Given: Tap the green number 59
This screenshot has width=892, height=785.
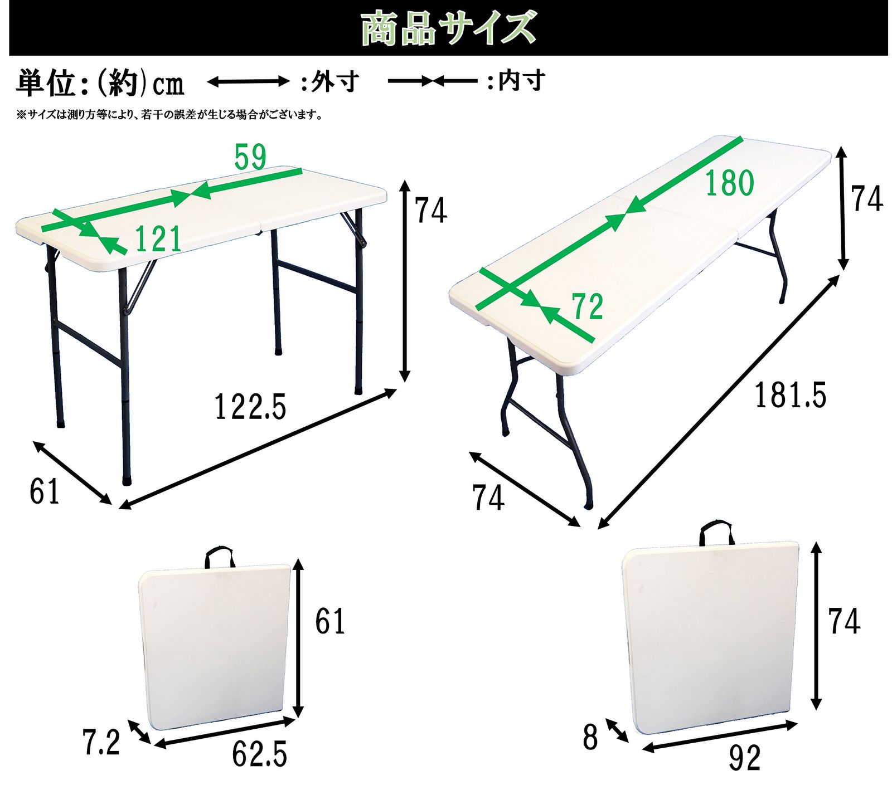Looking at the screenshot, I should [x=250, y=157].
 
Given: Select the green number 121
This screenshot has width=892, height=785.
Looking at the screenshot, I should [x=158, y=240].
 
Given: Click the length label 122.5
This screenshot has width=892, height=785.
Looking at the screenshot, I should [x=250, y=407].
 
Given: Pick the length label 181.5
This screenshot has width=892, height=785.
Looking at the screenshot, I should [x=790, y=396].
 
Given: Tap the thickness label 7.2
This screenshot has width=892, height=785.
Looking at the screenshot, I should [x=101, y=742].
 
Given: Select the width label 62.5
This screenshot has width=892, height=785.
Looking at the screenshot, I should [x=259, y=755].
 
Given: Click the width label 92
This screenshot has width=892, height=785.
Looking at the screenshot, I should [x=744, y=758].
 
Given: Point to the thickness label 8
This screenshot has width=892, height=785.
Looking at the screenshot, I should [x=590, y=737].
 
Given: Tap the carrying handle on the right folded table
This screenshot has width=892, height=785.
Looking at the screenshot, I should [x=716, y=533].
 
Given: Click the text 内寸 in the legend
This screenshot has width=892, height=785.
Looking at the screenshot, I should [x=521, y=81].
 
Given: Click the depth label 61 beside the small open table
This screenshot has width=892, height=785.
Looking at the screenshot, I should [x=44, y=491].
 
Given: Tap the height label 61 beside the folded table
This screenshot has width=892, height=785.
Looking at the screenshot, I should [x=330, y=621].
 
